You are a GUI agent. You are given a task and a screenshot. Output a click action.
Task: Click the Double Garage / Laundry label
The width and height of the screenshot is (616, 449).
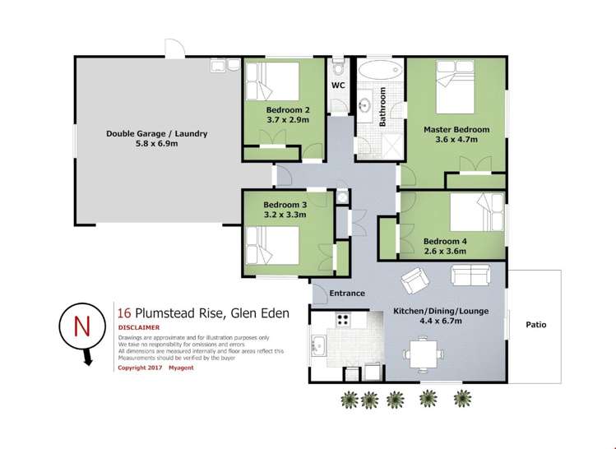[156, 133]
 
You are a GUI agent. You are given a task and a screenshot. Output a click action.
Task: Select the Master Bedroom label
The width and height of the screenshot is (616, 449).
[456, 129]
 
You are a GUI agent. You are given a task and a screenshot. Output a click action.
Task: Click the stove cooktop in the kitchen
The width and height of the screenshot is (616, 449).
[342, 323]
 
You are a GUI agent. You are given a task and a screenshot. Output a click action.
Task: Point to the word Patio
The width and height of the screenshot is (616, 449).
[536, 325]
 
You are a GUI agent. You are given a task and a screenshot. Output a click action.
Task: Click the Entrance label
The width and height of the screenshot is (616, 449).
[347, 294]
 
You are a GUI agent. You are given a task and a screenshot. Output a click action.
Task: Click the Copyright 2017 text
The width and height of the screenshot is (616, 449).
[141, 368]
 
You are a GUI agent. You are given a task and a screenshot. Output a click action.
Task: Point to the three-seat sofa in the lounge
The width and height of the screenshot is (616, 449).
[469, 275]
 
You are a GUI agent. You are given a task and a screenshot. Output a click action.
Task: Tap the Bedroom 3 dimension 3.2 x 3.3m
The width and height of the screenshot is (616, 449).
[285, 215]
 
